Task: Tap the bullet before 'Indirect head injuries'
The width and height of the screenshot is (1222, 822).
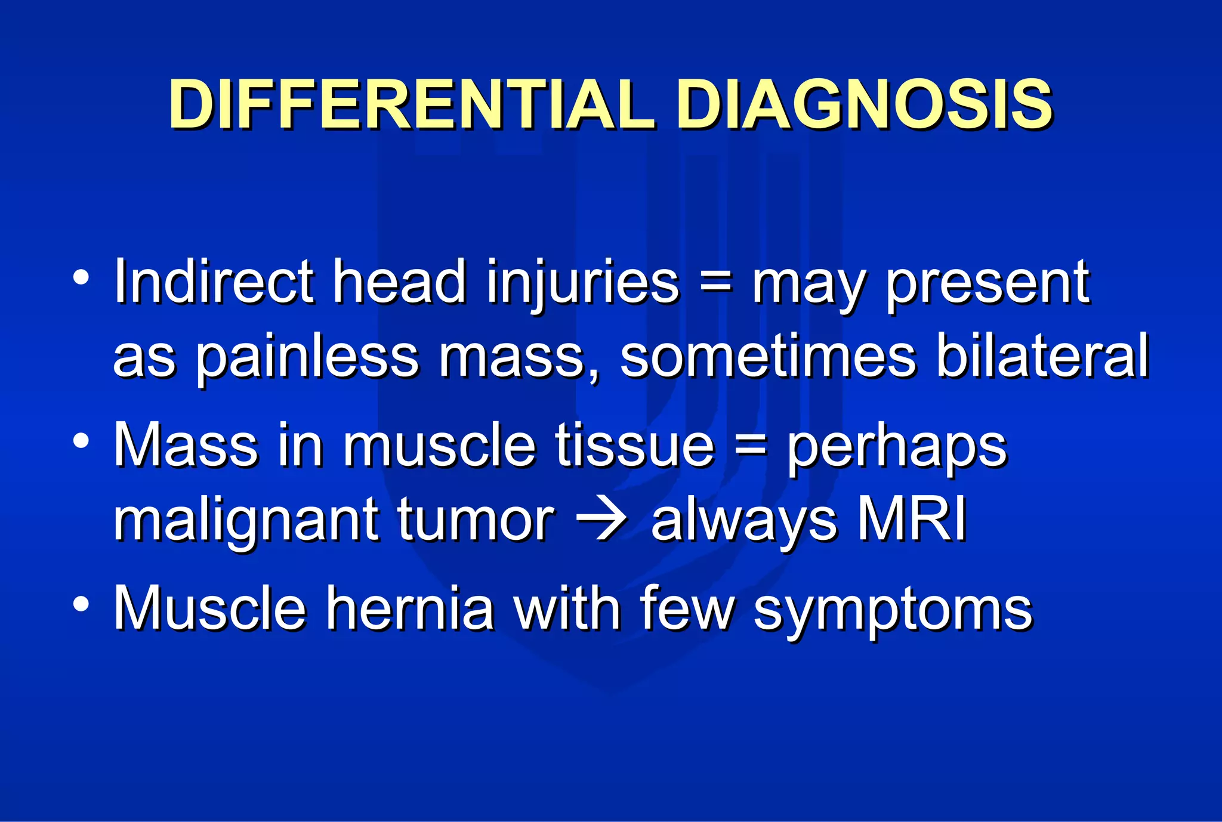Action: tap(81, 277)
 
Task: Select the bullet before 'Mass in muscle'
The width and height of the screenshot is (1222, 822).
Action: tap(81, 441)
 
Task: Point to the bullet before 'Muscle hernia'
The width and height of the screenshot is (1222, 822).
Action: tap(81, 604)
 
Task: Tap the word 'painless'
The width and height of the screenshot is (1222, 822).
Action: tap(307, 358)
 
